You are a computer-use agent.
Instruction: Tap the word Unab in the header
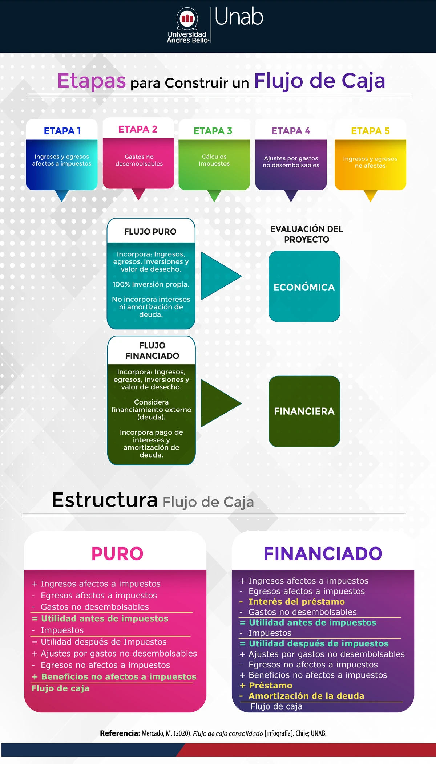point(239,17)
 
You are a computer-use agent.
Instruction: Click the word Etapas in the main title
point(92,81)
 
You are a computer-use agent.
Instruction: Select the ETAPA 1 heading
point(62,131)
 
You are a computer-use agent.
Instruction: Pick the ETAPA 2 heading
point(138,129)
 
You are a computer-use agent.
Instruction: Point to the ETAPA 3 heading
point(213,131)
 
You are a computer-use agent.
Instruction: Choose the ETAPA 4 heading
point(291,131)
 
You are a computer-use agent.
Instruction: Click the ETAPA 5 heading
point(370,131)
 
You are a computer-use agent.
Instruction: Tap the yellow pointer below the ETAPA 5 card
point(370,195)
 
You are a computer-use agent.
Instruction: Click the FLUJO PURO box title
point(150,232)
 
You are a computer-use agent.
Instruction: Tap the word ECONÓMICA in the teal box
point(304,287)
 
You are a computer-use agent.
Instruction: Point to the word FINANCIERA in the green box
point(304,411)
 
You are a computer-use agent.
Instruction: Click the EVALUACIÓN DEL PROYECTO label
point(307,234)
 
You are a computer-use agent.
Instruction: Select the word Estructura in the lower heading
point(105,500)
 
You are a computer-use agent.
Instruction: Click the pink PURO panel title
point(117,554)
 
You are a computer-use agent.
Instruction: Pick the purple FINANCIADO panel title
point(323,554)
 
